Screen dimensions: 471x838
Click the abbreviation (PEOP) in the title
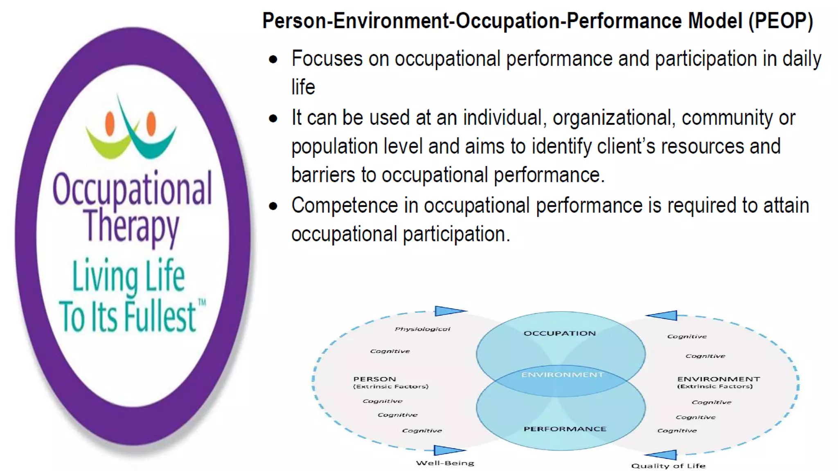pos(781,21)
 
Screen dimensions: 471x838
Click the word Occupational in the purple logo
pos(132,189)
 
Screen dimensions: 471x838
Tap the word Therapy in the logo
pos(131,226)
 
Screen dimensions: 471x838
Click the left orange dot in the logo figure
pos(110,123)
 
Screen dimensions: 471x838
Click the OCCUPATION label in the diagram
pos(559,333)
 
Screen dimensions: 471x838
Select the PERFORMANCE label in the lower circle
pos(565,429)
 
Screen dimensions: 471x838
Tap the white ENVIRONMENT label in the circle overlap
pos(562,375)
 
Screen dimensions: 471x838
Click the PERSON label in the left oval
pos(374,379)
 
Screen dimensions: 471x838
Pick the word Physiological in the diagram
pos(422,329)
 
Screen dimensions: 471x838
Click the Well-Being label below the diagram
pos(445,463)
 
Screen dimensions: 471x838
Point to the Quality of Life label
pos(668,466)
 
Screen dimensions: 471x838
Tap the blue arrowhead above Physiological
pos(449,311)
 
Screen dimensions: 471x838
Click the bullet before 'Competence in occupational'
pos(273,206)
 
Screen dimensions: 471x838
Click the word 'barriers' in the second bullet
pos(323,175)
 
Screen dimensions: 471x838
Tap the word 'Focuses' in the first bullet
pos(327,59)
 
